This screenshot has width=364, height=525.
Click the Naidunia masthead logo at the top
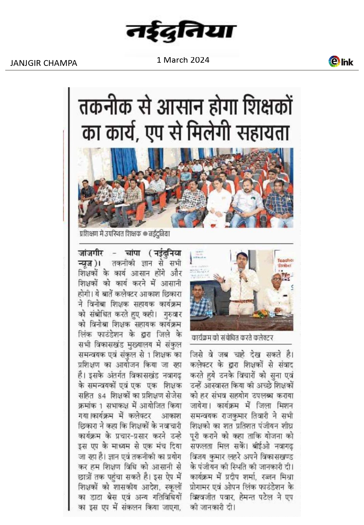pos(182,32)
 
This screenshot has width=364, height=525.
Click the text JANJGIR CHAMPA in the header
pos(44,63)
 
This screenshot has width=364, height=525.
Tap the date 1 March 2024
pos(183,60)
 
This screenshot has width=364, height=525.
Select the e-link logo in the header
pos(341,61)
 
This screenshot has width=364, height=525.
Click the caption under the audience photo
pos(125,233)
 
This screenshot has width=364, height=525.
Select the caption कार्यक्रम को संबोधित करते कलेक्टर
pos(232,338)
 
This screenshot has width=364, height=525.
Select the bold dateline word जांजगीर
pos(91,253)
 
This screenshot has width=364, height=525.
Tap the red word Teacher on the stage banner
pos(285,260)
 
